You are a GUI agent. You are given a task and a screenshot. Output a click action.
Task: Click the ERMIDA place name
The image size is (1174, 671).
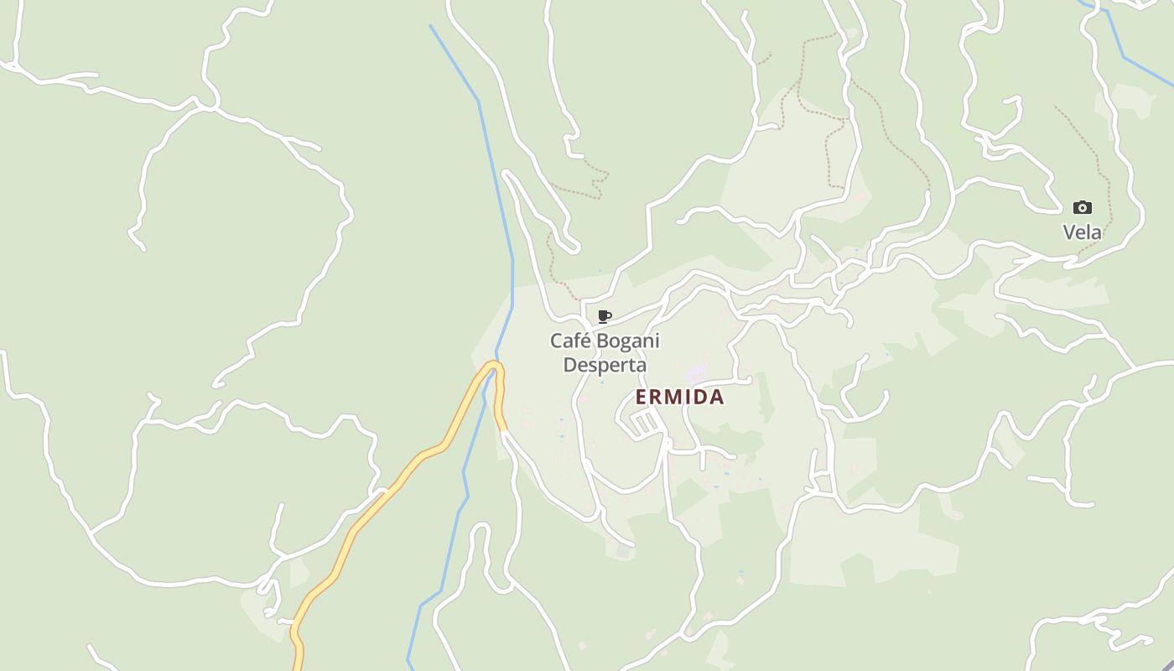pos(679,397)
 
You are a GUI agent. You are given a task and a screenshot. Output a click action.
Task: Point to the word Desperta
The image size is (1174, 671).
pos(605,365)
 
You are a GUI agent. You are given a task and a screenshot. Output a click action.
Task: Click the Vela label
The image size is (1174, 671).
pos(1082,232)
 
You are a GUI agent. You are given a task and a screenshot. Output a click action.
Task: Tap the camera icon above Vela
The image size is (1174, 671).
pos(1083,207)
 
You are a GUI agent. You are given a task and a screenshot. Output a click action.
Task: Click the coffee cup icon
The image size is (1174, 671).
pos(604,316)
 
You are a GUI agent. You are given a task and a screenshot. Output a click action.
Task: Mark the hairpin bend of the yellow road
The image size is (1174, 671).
pos(495,365)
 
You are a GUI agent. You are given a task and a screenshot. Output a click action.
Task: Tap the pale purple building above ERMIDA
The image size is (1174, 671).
pos(697,373)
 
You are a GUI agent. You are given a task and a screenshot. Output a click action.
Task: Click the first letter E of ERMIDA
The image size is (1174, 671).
pos(642,397)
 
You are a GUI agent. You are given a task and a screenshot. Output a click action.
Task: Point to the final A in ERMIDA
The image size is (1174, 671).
pos(716,397)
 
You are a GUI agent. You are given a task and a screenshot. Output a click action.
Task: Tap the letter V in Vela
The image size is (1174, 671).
pos(1070,232)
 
